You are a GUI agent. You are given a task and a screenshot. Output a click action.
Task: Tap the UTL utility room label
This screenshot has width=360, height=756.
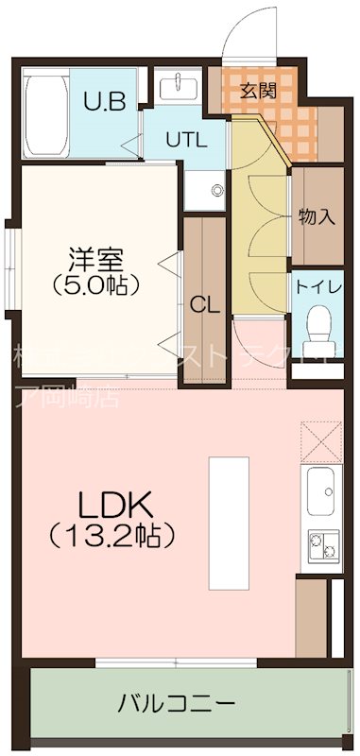tap(185, 140)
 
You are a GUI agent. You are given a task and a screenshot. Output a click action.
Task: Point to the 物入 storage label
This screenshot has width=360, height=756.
tap(317, 215)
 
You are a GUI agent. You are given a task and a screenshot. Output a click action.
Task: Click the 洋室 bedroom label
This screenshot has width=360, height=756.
tap(96, 257)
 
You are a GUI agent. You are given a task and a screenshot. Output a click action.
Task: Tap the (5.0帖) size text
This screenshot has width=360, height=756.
tap(96, 283)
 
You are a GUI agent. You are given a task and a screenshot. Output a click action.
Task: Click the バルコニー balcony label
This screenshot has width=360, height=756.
tap(177, 704)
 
